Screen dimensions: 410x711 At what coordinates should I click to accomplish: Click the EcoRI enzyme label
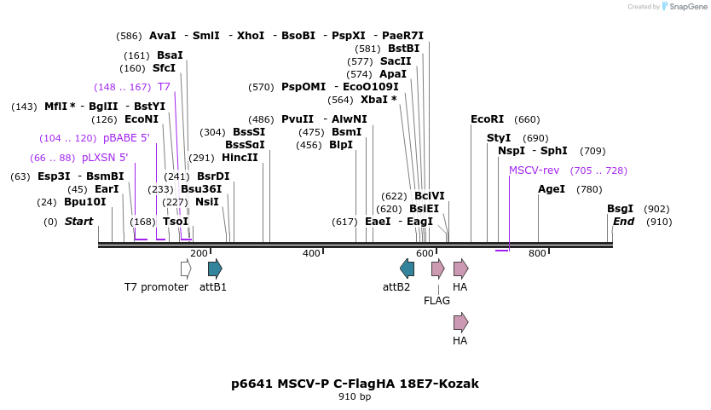click(487, 119)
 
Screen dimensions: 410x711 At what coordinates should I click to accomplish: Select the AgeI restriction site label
click(552, 188)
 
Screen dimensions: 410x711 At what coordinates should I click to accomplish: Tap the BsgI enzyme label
click(620, 209)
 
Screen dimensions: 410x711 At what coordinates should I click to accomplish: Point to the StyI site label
click(499, 137)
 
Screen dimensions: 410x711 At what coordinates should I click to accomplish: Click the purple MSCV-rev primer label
click(534, 170)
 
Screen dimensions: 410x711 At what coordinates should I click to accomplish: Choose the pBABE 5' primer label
click(126, 138)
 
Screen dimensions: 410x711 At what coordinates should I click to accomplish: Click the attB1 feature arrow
click(215, 269)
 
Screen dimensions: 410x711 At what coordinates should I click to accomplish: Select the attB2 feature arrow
click(408, 269)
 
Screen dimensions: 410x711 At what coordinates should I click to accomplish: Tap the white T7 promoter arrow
click(186, 269)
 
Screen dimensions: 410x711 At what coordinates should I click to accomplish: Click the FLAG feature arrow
click(437, 269)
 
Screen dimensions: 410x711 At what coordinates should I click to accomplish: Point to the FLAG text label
click(436, 300)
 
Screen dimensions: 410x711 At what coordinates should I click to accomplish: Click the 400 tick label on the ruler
click(311, 253)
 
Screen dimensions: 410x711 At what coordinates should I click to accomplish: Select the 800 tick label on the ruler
click(537, 253)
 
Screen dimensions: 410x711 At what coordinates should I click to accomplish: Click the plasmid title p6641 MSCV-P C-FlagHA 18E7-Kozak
click(355, 384)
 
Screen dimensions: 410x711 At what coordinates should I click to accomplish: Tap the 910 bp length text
click(355, 397)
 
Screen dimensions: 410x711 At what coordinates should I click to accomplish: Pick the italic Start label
click(78, 222)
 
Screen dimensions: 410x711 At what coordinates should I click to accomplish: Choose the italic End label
click(623, 222)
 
